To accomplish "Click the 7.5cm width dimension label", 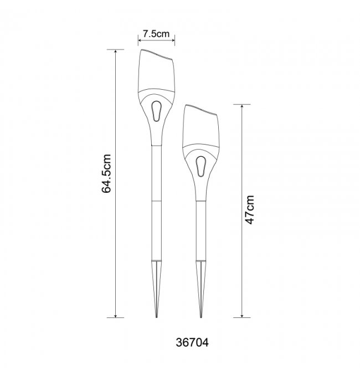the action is point(156,34).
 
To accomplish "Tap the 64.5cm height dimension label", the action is point(106,173).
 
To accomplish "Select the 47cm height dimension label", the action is point(250,210).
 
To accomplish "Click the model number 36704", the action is point(192,342).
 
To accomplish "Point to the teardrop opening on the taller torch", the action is point(156,111).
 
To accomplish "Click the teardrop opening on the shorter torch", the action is point(200,167).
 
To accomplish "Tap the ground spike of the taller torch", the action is point(156,289).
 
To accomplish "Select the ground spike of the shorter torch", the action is point(201,289).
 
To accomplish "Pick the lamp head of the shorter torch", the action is point(200,126).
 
